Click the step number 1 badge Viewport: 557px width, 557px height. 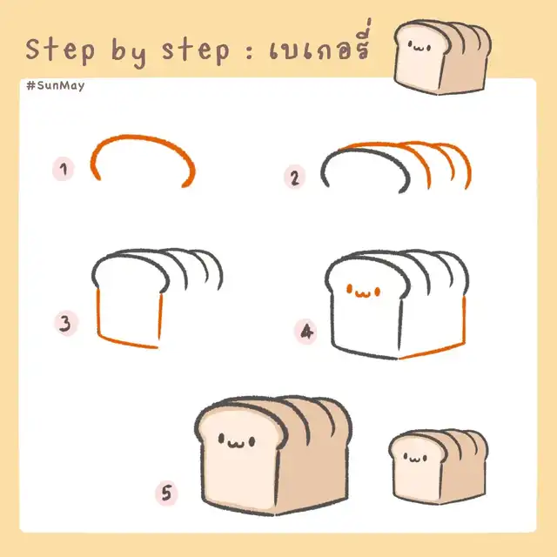pos(64,169)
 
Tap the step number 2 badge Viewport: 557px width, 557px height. pos(294,178)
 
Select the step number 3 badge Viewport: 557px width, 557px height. pos(66,324)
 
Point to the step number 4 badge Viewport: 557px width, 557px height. pos(305,332)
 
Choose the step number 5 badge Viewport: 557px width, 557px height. pos(166,493)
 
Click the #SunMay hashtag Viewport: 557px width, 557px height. pos(56,86)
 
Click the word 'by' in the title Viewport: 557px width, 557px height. pos(129,50)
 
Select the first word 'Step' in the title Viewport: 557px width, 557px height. pos(60,49)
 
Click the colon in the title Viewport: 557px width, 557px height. pos(250,51)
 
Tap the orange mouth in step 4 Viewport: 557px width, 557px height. pos(363,294)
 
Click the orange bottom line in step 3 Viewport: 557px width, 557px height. pos(128,342)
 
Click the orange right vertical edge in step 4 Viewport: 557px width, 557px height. pos(464,319)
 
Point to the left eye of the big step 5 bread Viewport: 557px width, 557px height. pos(221,440)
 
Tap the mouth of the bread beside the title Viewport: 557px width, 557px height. pos(419,48)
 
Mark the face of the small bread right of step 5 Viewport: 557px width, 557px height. pos(415,458)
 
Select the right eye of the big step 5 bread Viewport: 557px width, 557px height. pos(252,442)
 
